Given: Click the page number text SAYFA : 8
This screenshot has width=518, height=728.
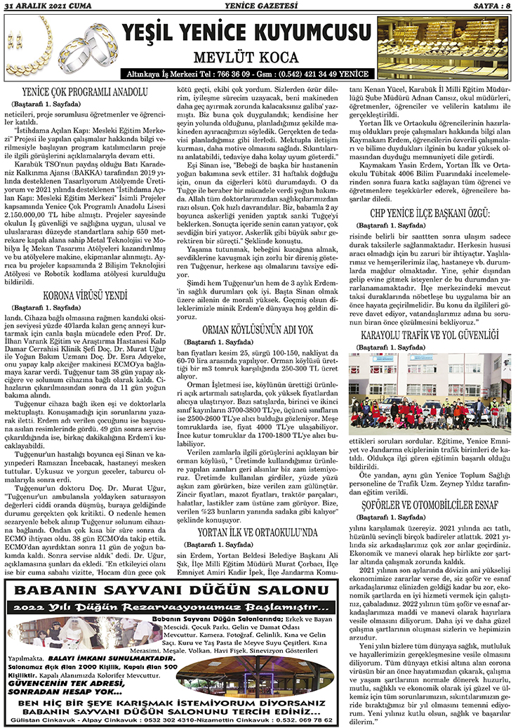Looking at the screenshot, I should point(487,6).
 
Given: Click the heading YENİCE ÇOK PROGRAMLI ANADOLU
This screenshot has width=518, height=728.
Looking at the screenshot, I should point(86,91).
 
